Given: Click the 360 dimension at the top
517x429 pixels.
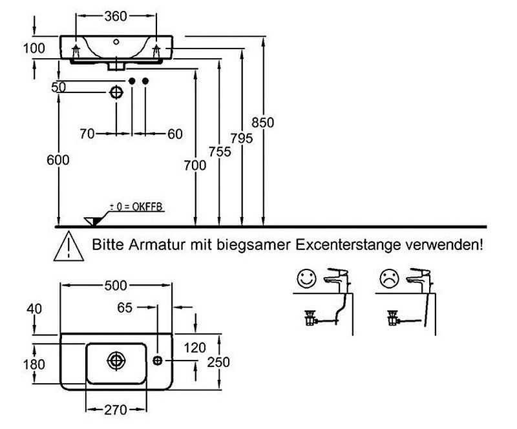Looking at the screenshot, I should (x=116, y=17).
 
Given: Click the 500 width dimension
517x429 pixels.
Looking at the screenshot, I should (x=116, y=286).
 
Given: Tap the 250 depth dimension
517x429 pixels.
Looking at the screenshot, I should (x=220, y=362).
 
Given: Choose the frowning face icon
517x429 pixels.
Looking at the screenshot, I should (x=388, y=280).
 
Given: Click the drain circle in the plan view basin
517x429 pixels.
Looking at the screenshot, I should (x=116, y=359).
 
